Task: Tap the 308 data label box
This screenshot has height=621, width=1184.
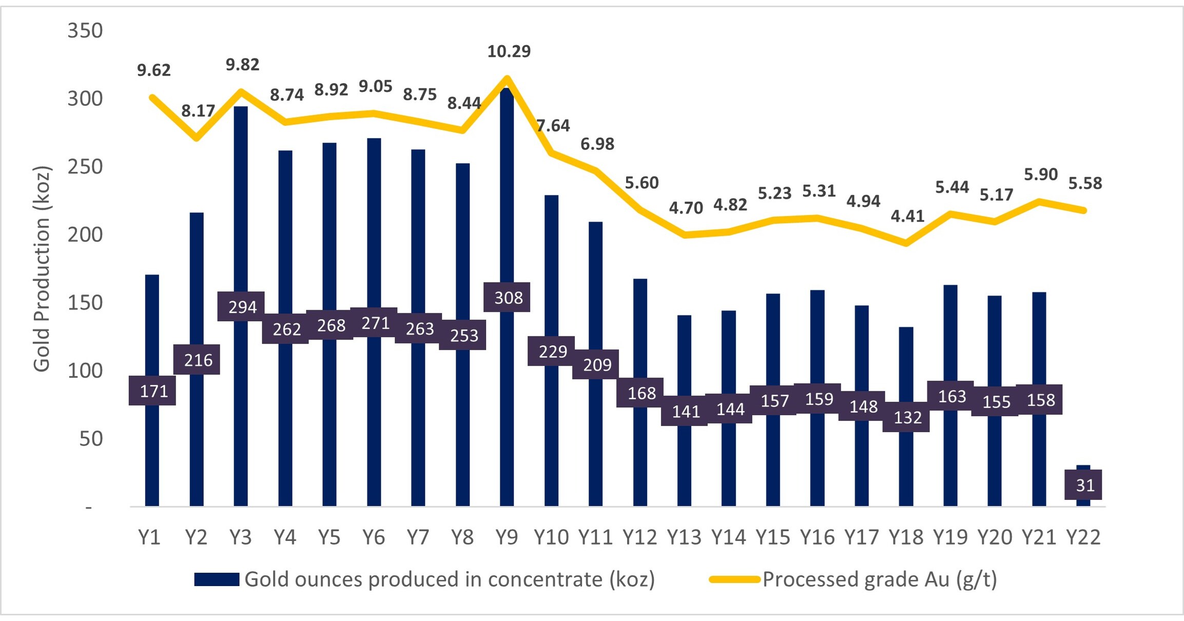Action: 507,297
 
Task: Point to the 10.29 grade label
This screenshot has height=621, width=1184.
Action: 509,51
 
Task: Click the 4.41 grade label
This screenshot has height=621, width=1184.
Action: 907,216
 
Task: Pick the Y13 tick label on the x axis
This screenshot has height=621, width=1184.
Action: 684,537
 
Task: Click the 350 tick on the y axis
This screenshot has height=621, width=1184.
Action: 85,31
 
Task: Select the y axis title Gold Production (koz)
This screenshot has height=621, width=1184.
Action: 42,269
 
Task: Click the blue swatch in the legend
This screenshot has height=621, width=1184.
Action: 217,579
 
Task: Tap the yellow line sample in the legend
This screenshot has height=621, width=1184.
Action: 734,579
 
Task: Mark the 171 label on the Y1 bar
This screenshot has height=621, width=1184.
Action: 153,391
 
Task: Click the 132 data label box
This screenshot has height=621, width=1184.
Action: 907,417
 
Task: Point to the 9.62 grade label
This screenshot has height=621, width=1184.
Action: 153,70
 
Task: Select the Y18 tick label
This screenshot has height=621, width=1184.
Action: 906,537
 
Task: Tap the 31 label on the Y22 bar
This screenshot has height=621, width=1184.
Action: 1084,485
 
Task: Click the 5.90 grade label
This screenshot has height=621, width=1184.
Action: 1040,175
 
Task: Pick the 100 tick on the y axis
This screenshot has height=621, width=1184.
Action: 85,371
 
